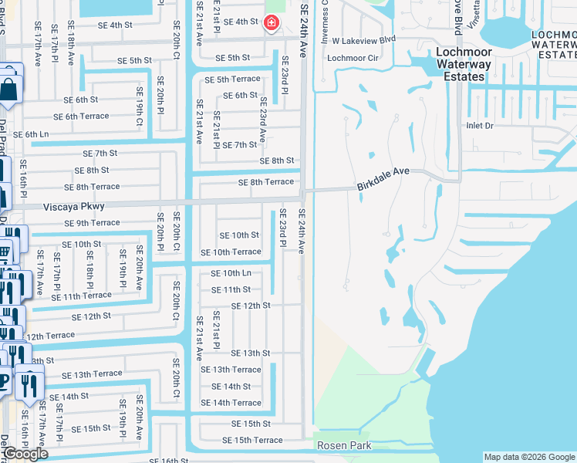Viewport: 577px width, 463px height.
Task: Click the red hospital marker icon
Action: (271, 23)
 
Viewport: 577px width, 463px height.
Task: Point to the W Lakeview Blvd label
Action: (363, 39)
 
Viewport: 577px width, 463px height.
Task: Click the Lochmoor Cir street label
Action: (353, 58)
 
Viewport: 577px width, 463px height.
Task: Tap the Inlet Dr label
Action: (479, 125)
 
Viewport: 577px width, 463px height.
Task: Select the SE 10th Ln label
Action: (231, 273)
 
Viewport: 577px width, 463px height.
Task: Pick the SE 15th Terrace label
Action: (252, 440)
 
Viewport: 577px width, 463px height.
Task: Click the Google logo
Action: (25, 454)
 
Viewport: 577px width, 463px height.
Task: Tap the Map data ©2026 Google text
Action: (528, 457)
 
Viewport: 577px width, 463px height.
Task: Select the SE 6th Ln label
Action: (31, 134)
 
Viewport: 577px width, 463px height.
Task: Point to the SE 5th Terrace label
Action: (232, 79)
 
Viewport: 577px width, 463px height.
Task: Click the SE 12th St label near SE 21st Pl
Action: (251, 306)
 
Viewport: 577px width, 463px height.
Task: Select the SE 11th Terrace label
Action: (81, 296)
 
